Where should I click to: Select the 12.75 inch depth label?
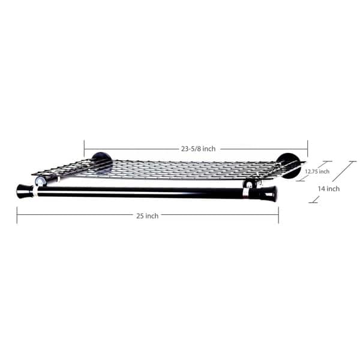[316, 172]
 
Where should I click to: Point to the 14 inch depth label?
[329, 188]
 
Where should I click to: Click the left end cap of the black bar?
[25, 191]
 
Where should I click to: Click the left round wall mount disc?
[102, 163]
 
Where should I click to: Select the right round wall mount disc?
[288, 166]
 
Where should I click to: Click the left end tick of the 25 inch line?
[17, 215]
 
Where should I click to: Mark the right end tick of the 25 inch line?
[278, 215]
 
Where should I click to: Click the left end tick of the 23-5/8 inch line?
[84, 149]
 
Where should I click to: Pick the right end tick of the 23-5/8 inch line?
[307, 149]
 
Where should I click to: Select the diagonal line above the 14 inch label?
[344, 172]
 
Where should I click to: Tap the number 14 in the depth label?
[322, 188]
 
